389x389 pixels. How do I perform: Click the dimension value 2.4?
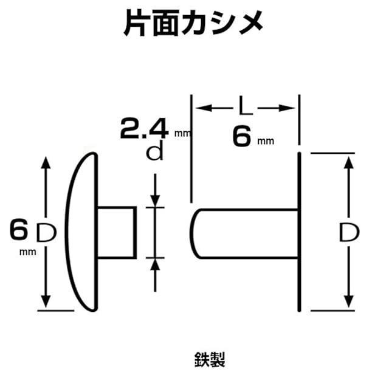143,128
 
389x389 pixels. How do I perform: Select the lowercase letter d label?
157,152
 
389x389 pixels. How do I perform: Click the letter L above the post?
244,108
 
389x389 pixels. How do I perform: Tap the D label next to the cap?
46,232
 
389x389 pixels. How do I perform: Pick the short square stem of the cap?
116,232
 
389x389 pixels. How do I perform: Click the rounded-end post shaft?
243,233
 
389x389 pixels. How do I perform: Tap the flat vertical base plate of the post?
299,231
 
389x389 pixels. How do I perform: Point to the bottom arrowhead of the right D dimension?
348,302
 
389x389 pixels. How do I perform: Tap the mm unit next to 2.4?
182,132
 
